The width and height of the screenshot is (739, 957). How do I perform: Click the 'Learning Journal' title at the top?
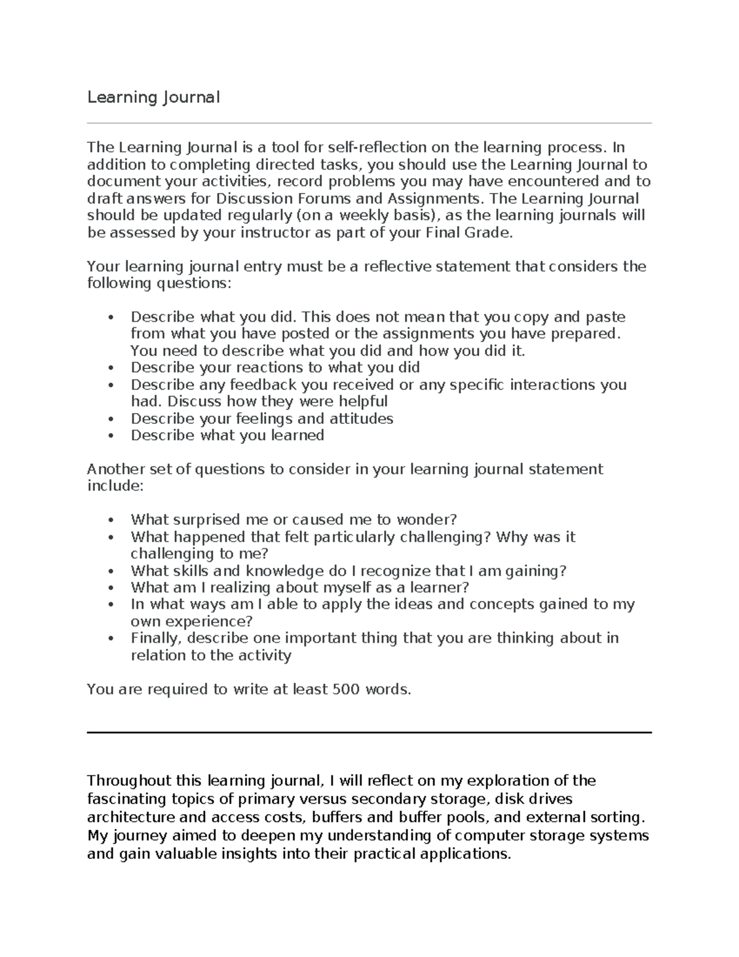pos(153,97)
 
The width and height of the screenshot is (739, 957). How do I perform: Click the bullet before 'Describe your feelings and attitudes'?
pos(111,419)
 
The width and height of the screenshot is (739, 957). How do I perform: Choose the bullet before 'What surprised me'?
pos(111,520)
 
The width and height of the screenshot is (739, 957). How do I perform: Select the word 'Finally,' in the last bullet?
pos(156,638)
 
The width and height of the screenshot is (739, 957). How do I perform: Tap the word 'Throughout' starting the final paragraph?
pos(129,781)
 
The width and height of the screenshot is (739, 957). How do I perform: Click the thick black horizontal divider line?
pos(369,733)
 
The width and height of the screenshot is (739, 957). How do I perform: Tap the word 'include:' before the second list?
pos(115,486)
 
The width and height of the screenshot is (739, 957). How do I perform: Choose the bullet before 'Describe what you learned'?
pos(111,436)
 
